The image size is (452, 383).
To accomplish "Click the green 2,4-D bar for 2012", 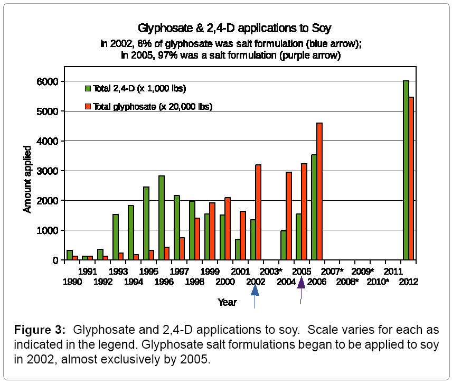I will tap(406, 170).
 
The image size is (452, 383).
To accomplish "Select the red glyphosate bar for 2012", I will tap(411, 179).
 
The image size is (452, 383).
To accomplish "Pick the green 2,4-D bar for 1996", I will tap(161, 218).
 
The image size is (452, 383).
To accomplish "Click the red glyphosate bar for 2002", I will tap(258, 212).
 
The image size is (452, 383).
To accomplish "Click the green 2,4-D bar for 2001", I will tap(238, 249).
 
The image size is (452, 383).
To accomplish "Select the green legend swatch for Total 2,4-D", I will tap(88, 88).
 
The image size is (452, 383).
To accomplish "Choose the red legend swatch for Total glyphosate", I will tap(88, 107).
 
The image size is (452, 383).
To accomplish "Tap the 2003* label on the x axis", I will tap(271, 271).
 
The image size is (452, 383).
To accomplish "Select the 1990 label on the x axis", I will tap(72, 282).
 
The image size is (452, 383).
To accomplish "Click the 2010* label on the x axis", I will tap(378, 282).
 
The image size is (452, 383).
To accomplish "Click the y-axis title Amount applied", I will tap(27, 179).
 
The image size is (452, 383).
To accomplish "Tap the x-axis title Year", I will tap(227, 303).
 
